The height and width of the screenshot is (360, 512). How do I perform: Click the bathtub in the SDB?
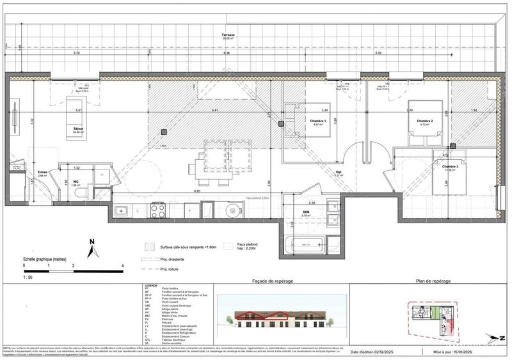307,244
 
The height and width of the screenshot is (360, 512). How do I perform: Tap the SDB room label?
307,214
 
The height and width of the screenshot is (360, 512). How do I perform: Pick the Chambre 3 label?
452,166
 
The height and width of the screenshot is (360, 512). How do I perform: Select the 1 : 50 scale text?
27,277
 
